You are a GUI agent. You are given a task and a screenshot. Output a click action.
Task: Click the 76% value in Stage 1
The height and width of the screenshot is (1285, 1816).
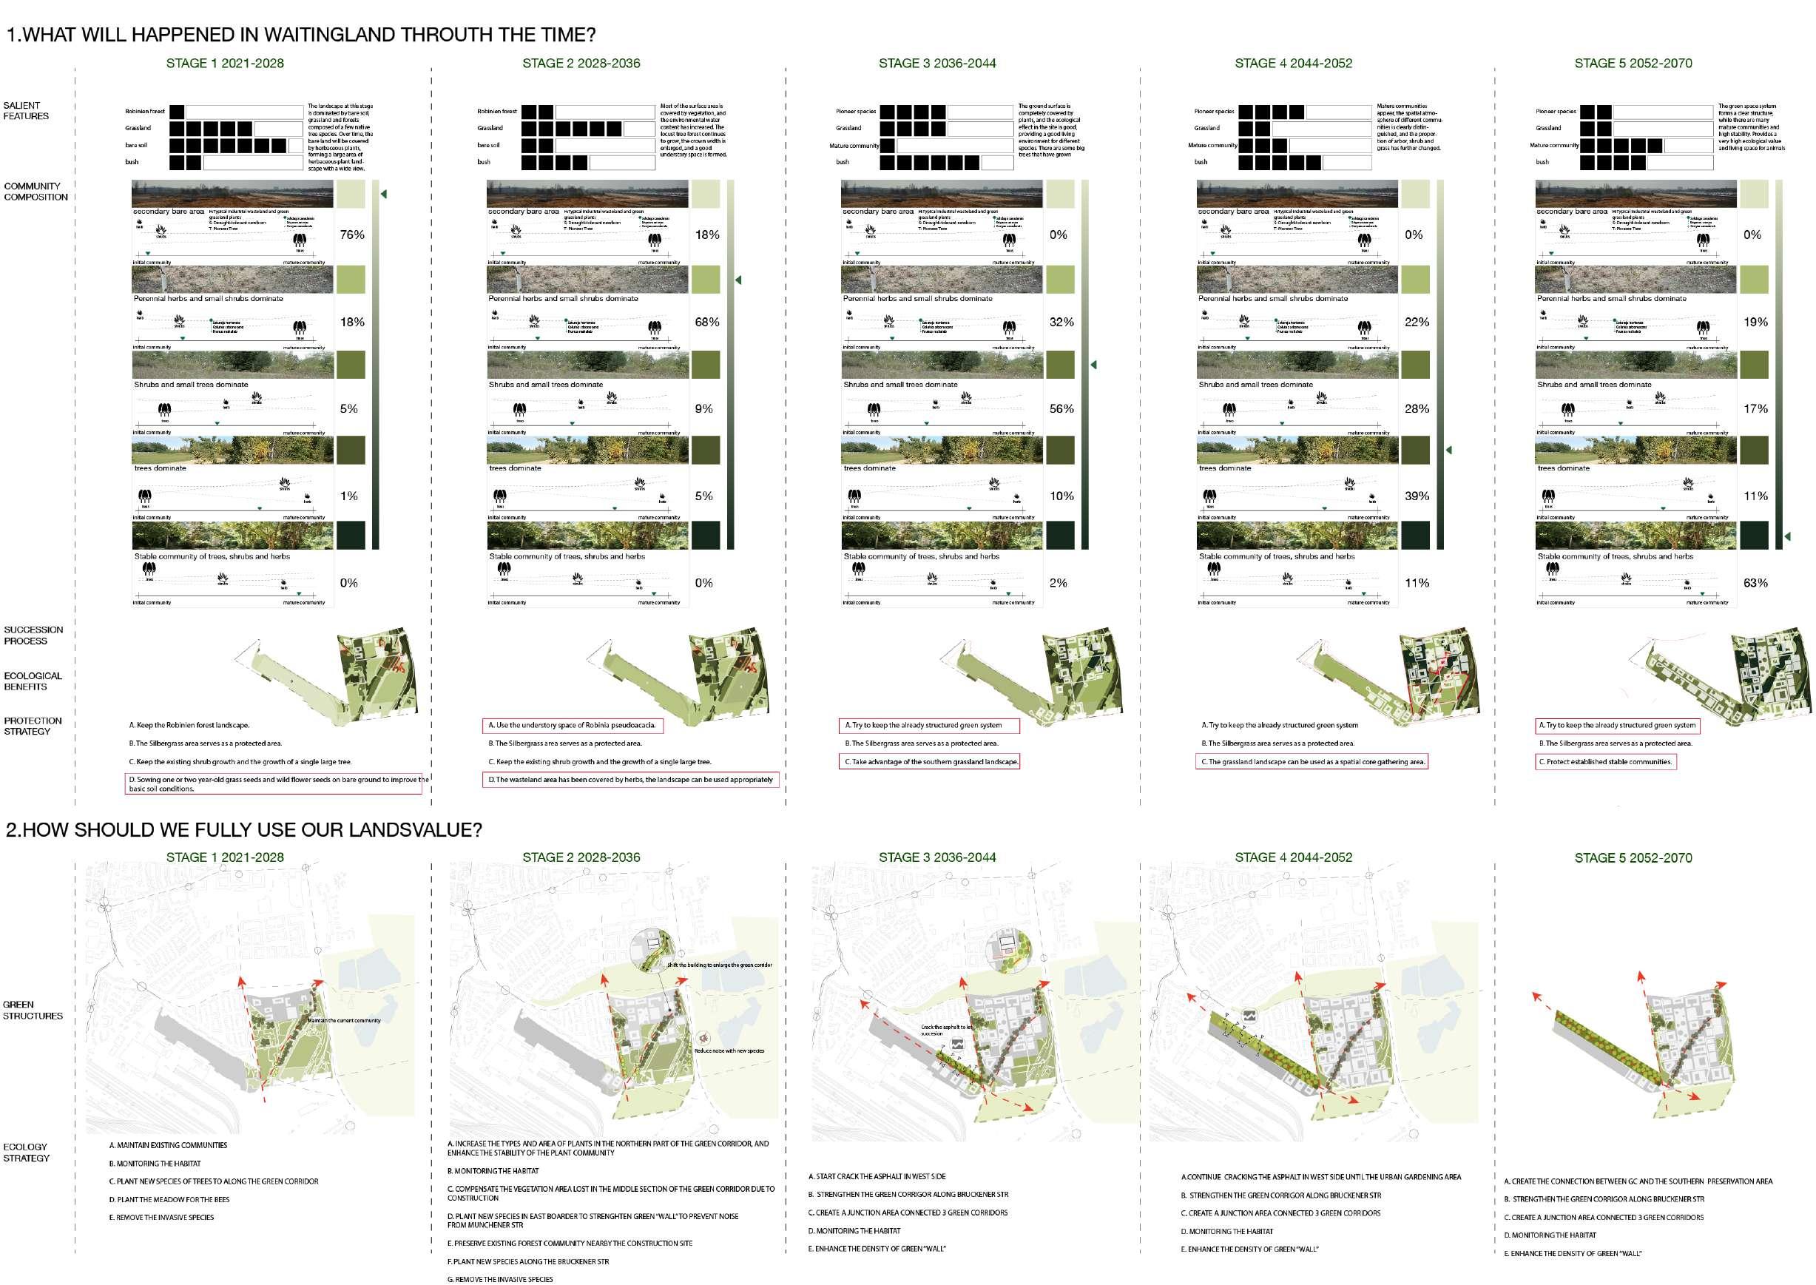click(x=352, y=235)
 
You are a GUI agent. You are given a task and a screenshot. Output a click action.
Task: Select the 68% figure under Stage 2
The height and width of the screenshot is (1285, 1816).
click(x=706, y=322)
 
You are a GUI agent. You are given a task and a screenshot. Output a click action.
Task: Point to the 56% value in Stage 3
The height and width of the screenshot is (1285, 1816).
click(x=1061, y=409)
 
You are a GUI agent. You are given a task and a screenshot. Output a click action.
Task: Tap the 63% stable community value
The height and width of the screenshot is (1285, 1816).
click(x=1755, y=583)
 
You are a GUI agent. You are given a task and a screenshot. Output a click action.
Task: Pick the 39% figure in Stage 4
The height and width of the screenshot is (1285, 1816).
click(x=1417, y=496)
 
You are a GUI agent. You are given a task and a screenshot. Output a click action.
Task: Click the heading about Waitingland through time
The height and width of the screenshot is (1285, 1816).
click(x=300, y=35)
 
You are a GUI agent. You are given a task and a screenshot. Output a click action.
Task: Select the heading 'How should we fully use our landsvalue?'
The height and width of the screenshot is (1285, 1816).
click(x=243, y=829)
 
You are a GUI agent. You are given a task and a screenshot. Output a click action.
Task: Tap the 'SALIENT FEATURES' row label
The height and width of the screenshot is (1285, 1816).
click(x=26, y=111)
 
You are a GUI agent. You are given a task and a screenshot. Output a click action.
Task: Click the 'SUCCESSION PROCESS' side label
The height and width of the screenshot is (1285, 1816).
click(x=33, y=635)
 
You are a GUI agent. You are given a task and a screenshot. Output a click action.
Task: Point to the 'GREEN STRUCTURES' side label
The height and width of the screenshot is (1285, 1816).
click(x=33, y=1011)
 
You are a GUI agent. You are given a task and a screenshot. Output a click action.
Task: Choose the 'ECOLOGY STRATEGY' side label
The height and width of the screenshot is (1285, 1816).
click(x=26, y=1152)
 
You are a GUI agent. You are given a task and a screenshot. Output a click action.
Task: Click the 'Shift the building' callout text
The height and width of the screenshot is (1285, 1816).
click(x=718, y=965)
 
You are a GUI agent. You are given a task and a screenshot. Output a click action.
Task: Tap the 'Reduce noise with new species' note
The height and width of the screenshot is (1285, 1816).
click(x=729, y=1050)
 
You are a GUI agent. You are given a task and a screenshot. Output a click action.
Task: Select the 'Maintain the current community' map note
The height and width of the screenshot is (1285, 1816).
click(x=343, y=1021)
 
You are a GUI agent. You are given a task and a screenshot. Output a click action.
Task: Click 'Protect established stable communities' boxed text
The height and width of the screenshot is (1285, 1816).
click(x=1605, y=762)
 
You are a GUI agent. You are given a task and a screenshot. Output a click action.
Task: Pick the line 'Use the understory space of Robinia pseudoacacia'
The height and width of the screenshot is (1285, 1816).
click(x=571, y=725)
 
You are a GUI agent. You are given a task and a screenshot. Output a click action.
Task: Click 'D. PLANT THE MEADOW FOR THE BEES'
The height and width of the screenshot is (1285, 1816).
click(x=169, y=1199)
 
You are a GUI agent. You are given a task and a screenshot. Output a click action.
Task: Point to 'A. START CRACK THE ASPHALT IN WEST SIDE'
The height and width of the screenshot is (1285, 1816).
click(x=877, y=1176)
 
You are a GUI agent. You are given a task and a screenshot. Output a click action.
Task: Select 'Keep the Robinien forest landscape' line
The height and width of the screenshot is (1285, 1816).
click(x=189, y=725)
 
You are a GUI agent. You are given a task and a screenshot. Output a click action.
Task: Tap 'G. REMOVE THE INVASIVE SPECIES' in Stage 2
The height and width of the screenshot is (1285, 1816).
click(x=500, y=1280)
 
